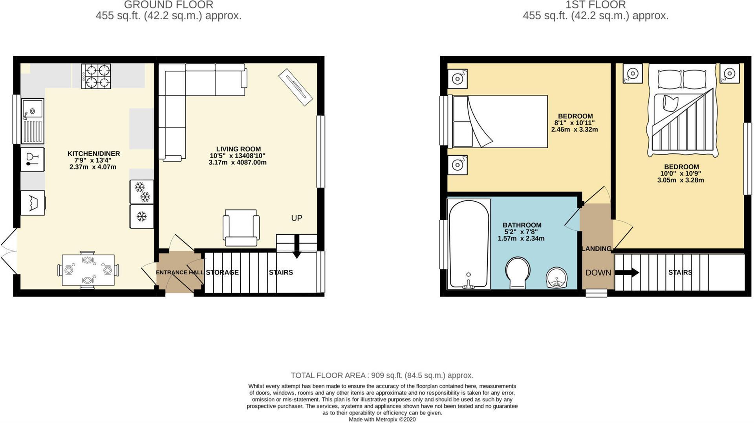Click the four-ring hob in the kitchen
pyautogui.click(x=96, y=76)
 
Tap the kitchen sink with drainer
pyautogui.click(x=33, y=121)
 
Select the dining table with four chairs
pyautogui.click(x=88, y=270)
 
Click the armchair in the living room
pyautogui.click(x=241, y=227)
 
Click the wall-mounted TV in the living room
pyautogui.click(x=295, y=87)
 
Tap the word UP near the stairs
pyautogui.click(x=296, y=218)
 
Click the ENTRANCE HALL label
pyautogui.click(x=179, y=272)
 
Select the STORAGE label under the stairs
pyautogui.click(x=222, y=272)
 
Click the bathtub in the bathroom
pyautogui.click(x=469, y=244)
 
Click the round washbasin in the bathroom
pyautogui.click(x=556, y=277)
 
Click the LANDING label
pyautogui.click(x=597, y=248)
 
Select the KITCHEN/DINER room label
pyautogui.click(x=93, y=154)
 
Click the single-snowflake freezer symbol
pyautogui.click(x=141, y=216)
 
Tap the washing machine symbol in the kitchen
pyautogui.click(x=33, y=203)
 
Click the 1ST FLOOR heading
pyautogui.click(x=595, y=5)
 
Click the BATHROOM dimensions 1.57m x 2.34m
pyautogui.click(x=521, y=239)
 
